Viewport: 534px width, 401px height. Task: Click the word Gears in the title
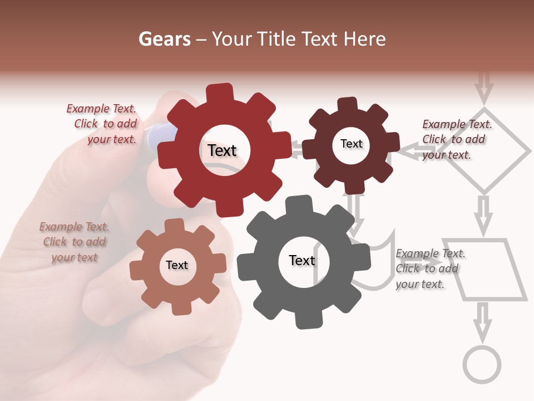point(164,39)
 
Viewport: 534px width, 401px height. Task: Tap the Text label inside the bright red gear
point(222,150)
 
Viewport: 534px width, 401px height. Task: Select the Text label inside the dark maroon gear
point(351,144)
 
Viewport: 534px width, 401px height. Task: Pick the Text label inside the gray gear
point(302,261)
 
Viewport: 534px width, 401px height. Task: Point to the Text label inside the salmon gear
point(177,265)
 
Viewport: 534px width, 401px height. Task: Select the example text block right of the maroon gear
point(455,139)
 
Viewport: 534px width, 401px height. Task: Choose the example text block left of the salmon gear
point(75,242)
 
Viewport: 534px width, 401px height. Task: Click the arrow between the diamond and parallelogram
point(484,214)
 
